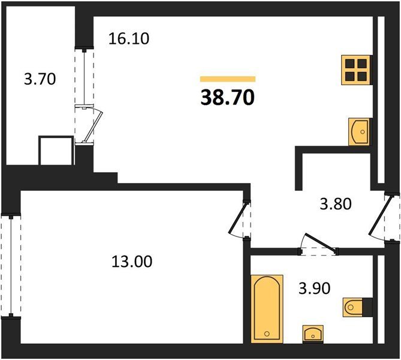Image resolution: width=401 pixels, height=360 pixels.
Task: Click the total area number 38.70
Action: (x=228, y=98)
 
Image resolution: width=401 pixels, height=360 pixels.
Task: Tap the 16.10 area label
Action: (x=129, y=39)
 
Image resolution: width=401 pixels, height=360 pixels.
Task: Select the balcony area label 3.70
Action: (x=40, y=79)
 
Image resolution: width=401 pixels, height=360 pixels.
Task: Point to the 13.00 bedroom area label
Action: (x=132, y=262)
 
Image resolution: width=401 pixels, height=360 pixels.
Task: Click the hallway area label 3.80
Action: (x=336, y=204)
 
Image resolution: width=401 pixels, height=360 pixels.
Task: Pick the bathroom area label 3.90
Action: (x=315, y=289)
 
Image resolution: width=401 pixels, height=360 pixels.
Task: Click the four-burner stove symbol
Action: (x=355, y=70)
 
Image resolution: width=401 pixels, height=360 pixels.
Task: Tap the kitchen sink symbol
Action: (x=359, y=131)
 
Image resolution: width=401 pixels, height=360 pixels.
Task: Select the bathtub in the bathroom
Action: (x=267, y=309)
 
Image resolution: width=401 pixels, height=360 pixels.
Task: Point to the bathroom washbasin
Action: (x=313, y=334)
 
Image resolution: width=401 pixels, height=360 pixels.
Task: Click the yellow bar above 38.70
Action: (x=228, y=79)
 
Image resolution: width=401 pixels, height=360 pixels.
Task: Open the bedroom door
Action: (x=238, y=218)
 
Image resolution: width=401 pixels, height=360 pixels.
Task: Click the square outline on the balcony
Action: (x=56, y=151)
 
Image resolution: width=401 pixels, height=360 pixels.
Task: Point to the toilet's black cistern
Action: (x=367, y=307)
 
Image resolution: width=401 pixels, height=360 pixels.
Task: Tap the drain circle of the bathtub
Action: (x=267, y=334)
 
